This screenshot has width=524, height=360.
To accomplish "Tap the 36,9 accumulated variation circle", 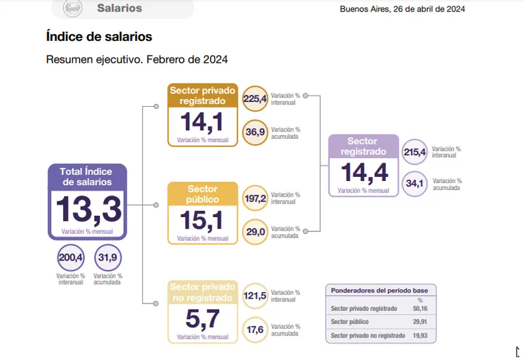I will click(255, 131).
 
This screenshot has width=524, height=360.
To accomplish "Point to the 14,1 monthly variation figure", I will click(202, 122).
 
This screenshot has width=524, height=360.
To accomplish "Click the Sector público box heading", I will click(202, 194).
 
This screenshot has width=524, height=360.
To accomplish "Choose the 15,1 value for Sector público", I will click(202, 220).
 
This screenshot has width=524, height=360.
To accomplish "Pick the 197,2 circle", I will click(255, 198).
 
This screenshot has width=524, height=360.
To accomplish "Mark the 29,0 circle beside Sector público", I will click(255, 232).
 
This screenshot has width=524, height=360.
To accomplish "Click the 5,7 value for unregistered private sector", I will click(202, 318).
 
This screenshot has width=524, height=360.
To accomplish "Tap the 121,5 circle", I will click(255, 296).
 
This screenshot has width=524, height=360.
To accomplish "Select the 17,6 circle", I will click(255, 330).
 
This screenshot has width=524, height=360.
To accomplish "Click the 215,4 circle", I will click(414, 152).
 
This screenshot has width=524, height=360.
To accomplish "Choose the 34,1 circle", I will click(414, 183).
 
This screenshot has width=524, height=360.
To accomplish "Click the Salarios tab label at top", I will click(119, 8).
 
